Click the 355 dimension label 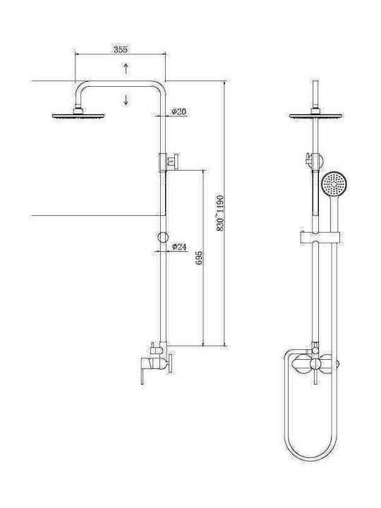[x=121, y=49]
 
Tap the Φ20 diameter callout [x=179, y=111]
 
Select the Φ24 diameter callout [x=179, y=247]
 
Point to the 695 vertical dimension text [x=200, y=258]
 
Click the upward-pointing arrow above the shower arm [x=126, y=68]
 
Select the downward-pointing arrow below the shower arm [x=126, y=99]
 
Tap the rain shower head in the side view [x=78, y=116]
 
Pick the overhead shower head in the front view [x=315, y=116]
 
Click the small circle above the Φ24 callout [x=163, y=237]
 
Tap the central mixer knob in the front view [x=314, y=364]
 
